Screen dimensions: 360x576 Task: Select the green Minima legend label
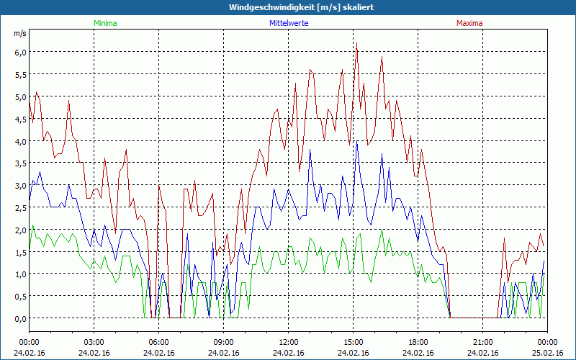tap(105, 23)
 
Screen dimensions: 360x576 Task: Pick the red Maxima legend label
tap(469, 23)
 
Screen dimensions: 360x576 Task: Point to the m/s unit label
tap(19, 33)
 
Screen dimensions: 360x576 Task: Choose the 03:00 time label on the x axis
tap(94, 342)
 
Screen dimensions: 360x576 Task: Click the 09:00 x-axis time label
tap(223, 342)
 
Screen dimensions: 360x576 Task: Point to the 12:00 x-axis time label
tap(288, 342)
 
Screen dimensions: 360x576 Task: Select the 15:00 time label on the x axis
tap(353, 342)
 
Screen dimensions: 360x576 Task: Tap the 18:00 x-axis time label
tap(418, 342)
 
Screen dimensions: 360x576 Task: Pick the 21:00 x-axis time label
tap(482, 342)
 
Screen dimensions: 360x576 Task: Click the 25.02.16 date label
tap(547, 353)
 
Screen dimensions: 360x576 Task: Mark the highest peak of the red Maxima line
tap(356, 44)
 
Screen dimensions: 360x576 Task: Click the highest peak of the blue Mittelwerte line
tap(357, 142)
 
